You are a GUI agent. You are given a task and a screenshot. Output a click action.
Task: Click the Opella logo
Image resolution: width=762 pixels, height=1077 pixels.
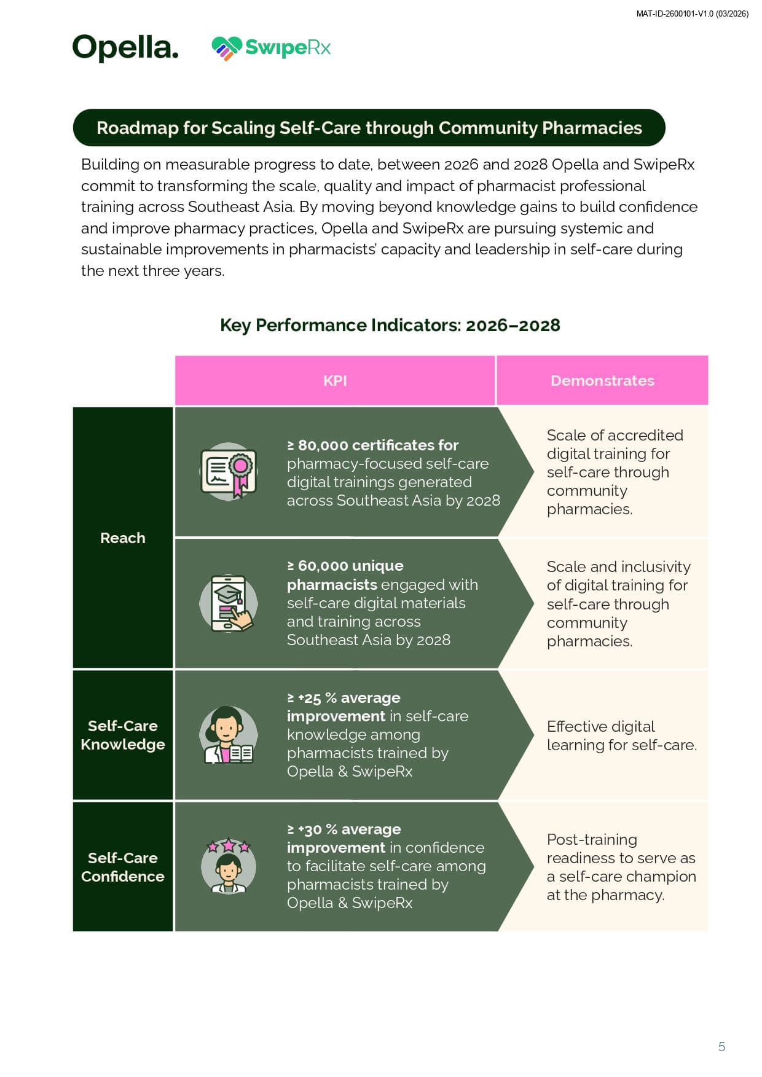pyautogui.click(x=125, y=47)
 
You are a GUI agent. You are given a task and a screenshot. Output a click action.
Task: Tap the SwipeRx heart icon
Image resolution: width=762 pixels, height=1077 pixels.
pyautogui.click(x=226, y=48)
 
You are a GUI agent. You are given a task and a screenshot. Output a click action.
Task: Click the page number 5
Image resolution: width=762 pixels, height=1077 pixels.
pyautogui.click(x=721, y=1046)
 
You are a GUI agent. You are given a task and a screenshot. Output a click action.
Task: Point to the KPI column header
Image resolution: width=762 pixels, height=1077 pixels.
pyautogui.click(x=335, y=381)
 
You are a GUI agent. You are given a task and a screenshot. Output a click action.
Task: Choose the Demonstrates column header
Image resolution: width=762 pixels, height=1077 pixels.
pyautogui.click(x=602, y=381)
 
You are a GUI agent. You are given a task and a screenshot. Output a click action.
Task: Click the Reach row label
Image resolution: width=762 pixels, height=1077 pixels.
pyautogui.click(x=123, y=538)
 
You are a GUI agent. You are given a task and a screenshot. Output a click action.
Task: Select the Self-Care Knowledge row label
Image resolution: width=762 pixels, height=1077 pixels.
pyautogui.click(x=123, y=735)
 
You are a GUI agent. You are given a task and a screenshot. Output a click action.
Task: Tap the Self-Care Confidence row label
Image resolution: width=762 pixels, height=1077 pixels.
pyautogui.click(x=123, y=867)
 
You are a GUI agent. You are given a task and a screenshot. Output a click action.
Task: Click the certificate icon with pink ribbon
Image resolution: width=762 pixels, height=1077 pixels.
pyautogui.click(x=229, y=472)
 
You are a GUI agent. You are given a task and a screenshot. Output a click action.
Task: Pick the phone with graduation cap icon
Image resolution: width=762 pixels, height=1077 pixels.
pyautogui.click(x=229, y=603)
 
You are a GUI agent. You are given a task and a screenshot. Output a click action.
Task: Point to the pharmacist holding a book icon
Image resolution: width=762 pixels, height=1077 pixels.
pyautogui.click(x=229, y=735)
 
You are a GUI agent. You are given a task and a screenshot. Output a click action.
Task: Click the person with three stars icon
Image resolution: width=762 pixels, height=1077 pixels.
pyautogui.click(x=229, y=866)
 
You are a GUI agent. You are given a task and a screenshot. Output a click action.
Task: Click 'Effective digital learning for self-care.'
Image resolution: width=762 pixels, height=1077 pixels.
pyautogui.click(x=621, y=735)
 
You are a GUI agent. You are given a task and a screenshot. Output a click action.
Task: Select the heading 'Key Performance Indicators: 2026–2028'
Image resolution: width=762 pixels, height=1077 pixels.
pyautogui.click(x=390, y=325)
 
